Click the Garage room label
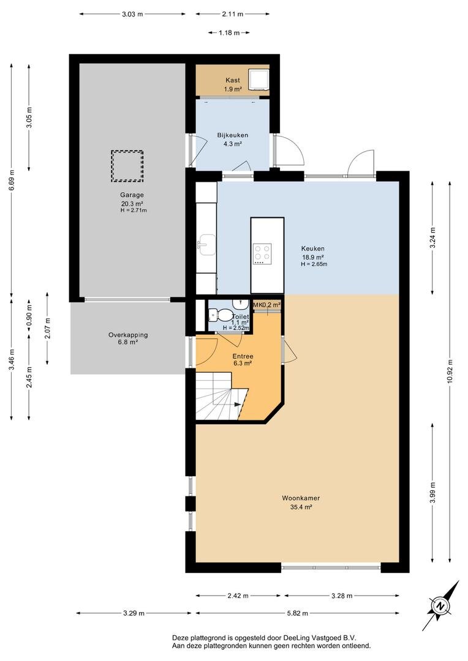pos(132,195)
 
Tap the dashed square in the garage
pos(127,166)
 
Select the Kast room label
pos(232,80)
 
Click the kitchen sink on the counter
pos(204,245)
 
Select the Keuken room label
pos(312,248)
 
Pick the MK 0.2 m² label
pos(267,304)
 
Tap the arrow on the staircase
pos(235,404)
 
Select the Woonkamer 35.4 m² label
pos(301,502)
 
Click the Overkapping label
pos(128,335)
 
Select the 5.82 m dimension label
pos(297,613)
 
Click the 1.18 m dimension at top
pos(228,33)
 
